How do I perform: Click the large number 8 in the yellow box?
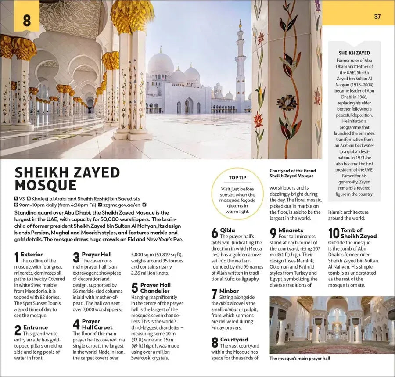point(27,20)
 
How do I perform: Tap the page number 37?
point(377,17)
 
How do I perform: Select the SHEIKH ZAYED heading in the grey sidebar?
point(354,53)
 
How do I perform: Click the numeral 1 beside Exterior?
point(17,258)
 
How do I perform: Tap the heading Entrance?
point(36,327)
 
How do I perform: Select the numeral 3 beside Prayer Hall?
point(76,258)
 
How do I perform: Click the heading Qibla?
point(227,230)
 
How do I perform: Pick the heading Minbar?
point(230,291)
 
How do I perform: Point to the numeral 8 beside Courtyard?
point(215,343)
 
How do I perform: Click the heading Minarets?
point(291,230)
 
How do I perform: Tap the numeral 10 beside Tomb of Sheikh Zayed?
point(334,233)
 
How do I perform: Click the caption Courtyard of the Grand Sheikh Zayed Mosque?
point(292,173)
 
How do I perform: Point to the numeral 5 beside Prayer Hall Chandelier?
point(135,287)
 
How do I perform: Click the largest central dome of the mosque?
point(160,64)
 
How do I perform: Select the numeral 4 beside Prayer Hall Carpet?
point(76,324)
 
